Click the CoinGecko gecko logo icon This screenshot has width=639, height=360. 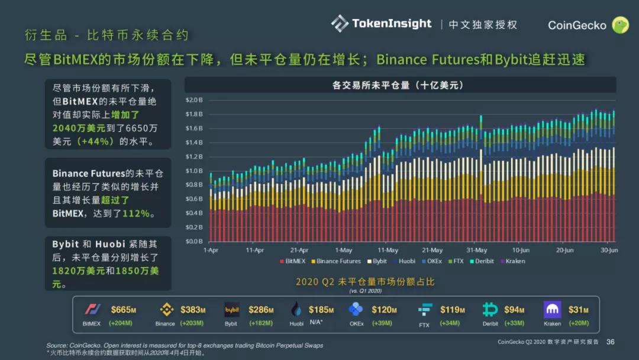(619, 25)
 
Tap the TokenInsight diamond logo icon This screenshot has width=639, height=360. (340, 24)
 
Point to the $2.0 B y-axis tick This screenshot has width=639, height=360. (194, 100)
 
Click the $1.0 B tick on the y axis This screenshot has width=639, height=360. (194, 171)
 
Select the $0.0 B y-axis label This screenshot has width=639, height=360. (194, 242)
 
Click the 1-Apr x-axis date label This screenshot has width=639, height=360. (211, 250)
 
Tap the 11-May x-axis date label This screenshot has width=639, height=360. (388, 250)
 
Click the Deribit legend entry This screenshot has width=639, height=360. (482, 261)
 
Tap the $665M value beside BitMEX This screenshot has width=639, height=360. (124, 310)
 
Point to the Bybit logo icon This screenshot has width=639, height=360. (231, 310)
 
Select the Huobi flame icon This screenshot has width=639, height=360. (296, 310)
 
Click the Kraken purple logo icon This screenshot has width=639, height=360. (552, 310)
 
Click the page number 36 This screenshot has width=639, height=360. (611, 342)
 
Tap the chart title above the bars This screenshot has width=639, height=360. (398, 85)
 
